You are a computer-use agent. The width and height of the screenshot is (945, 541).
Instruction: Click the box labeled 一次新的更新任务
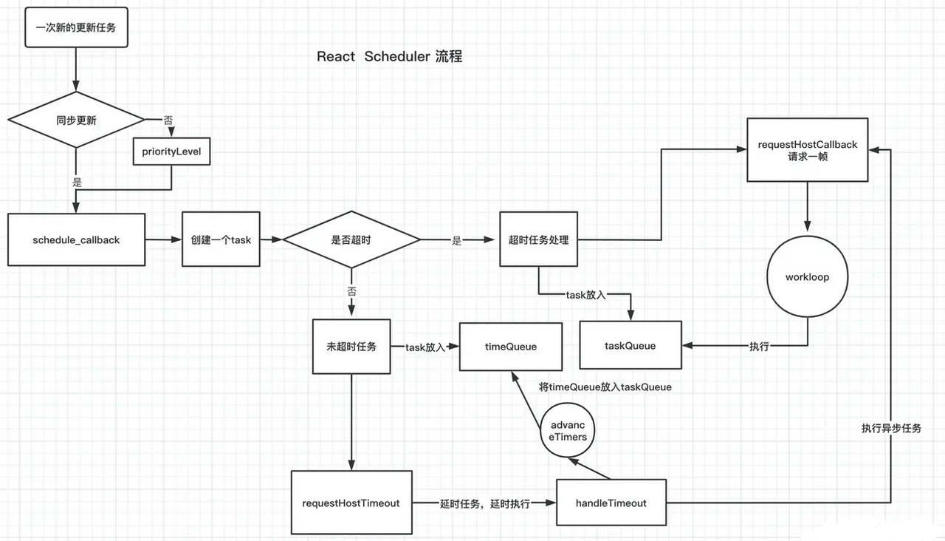76,28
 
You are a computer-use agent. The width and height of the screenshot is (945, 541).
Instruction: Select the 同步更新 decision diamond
76,120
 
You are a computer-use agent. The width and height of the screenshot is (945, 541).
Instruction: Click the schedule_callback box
76,239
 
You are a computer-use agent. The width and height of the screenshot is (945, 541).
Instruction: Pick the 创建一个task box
221,239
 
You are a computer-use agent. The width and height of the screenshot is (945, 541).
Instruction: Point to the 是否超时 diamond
351,239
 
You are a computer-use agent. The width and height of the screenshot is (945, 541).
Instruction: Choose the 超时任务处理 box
538,239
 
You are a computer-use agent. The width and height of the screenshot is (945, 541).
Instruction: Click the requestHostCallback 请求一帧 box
808,150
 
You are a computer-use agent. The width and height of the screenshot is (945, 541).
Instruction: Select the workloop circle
808,277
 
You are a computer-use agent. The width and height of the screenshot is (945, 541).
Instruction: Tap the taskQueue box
630,345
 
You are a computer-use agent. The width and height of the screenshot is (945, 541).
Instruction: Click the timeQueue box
510,346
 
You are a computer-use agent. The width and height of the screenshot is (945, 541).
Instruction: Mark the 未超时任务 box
351,346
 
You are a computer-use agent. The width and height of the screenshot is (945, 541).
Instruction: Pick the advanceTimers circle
568,431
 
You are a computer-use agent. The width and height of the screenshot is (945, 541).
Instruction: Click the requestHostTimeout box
351,503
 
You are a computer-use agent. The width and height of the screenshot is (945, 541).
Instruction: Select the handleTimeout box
611,503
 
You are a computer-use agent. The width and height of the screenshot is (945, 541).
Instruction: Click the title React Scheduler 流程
389,57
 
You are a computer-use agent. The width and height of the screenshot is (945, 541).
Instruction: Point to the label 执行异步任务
891,428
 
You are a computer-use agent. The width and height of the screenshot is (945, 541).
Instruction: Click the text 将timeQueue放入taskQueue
605,387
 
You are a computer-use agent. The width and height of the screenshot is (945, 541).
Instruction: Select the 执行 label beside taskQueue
759,346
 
